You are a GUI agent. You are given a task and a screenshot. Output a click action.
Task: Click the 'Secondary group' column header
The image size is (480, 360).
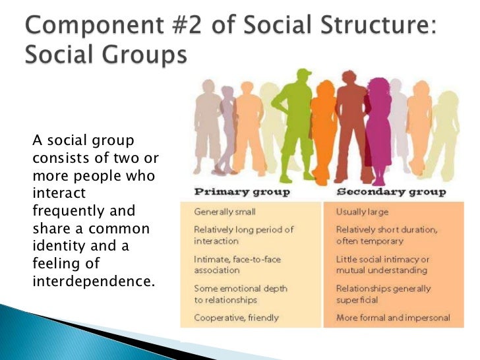pyautogui.click(x=391, y=193)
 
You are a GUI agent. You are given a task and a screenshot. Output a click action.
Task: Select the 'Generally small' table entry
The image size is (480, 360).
pyautogui.click(x=225, y=212)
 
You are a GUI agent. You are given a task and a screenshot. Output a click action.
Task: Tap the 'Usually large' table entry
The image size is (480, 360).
pyautogui.click(x=362, y=212)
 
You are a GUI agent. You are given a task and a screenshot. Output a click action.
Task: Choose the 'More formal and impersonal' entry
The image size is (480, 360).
pyautogui.click(x=393, y=318)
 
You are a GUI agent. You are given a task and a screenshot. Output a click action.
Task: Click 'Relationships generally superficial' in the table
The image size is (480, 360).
pyautogui.click(x=383, y=293)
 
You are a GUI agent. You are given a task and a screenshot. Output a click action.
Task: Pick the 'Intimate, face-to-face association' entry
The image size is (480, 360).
pyautogui.click(x=237, y=264)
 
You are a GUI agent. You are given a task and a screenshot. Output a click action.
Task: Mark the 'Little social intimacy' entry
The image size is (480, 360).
pyautogui.click(x=382, y=264)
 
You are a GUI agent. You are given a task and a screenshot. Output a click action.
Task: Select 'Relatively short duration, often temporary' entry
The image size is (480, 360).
pyautogui.click(x=386, y=235)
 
